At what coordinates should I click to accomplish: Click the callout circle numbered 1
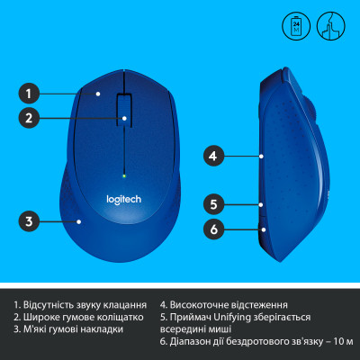30,92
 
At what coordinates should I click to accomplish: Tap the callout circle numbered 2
30,117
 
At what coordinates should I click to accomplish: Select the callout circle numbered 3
30,220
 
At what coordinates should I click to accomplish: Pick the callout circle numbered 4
211,155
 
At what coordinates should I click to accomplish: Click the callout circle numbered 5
211,203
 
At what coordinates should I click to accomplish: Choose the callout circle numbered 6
211,229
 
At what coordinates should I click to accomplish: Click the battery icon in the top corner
300,24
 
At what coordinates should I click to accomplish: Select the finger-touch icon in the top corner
329,24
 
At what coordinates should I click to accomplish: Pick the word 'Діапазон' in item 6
196,342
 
